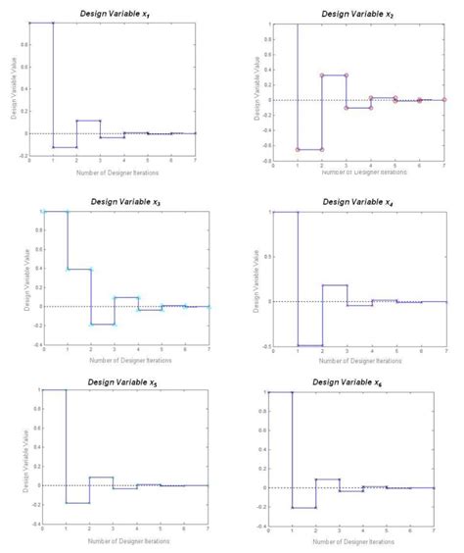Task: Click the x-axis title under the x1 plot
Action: pos(113,172)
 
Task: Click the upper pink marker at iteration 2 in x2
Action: pos(322,75)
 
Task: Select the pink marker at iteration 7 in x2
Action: pos(444,99)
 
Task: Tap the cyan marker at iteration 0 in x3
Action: pos(43,212)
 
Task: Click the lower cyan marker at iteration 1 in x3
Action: pos(67,269)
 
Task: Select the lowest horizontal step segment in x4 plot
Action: pos(309,345)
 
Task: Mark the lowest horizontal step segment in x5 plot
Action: pos(78,503)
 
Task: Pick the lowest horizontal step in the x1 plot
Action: pos(65,147)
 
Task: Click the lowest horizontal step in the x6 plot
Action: pos(303,507)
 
